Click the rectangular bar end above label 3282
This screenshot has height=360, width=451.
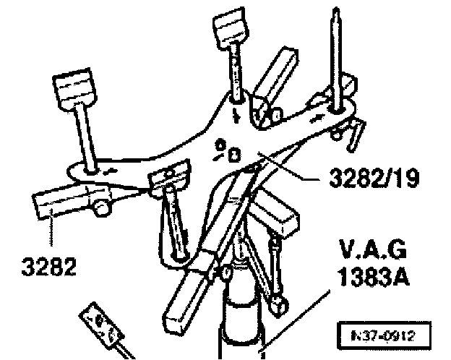(54, 205)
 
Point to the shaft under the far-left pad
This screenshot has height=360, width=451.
(85, 137)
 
